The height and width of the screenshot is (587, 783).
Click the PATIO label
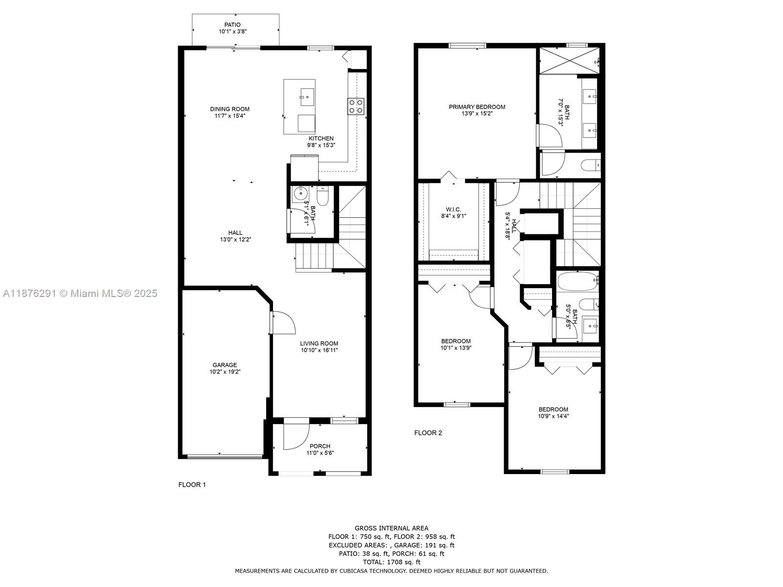[x=232, y=24]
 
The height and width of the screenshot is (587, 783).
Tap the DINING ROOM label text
[x=230, y=109]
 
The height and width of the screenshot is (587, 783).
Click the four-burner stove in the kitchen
[x=356, y=107]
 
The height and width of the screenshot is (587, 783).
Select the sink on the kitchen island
[x=307, y=97]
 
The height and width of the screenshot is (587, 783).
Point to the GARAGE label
[x=225, y=365]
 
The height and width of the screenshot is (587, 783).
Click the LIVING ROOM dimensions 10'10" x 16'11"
[x=319, y=350]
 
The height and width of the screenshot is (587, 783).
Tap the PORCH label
[x=320, y=446]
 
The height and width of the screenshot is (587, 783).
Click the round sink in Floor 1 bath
[x=300, y=194]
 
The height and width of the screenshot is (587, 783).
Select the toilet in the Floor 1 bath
[x=322, y=196]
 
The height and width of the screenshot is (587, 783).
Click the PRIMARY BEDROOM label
[x=477, y=107]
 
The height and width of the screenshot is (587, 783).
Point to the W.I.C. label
[x=454, y=209]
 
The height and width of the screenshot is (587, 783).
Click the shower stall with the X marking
[x=569, y=61]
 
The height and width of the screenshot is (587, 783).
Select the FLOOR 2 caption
[x=428, y=433]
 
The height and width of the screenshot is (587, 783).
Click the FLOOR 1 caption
[x=192, y=485]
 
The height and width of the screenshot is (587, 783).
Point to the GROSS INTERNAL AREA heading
[x=391, y=528]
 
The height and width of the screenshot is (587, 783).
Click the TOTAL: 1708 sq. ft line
[x=391, y=562]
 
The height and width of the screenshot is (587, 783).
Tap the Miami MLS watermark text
[x=80, y=293]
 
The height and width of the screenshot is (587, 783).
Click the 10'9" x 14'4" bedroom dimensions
[x=553, y=416]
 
